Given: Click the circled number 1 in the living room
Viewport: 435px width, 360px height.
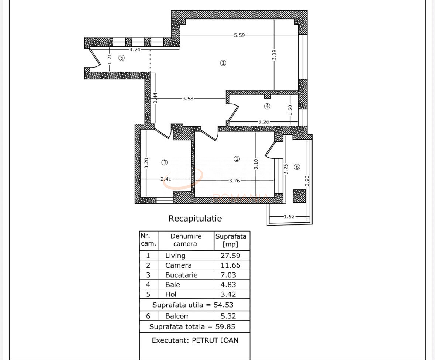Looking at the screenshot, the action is tap(223, 63).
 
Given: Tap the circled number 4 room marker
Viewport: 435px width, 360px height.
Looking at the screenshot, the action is tap(267, 106).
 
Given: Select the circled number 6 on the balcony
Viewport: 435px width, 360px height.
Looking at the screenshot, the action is tap(297, 167).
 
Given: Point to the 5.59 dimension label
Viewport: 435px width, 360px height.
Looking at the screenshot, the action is tap(239, 35).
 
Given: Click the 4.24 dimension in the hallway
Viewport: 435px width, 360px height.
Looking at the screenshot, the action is tap(135, 49).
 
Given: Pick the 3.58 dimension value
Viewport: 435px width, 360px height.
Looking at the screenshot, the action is tap(188, 99).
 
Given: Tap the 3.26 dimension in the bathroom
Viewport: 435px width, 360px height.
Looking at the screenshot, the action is tap(263, 121).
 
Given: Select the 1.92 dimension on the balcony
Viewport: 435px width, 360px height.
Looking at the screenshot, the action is tap(289, 216).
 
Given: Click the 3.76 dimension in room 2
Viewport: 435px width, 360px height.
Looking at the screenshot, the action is tap(234, 181).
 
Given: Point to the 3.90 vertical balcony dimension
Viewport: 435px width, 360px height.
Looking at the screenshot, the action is tap(307, 181).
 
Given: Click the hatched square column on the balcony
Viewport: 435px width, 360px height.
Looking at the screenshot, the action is tap(300, 196).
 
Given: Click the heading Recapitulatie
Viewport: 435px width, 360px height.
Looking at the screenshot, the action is tap(195, 219).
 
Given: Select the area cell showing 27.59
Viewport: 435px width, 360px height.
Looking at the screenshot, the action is tap(230, 256).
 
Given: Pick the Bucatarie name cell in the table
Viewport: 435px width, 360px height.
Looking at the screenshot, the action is tap(182, 275).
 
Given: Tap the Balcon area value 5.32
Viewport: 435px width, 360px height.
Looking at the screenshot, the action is tap(228, 316).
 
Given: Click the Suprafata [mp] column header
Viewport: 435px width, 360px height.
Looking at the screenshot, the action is tap(231, 240).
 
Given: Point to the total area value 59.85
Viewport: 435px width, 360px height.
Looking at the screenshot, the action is tap(225, 327).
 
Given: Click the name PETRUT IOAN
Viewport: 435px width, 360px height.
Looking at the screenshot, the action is tap(215, 340).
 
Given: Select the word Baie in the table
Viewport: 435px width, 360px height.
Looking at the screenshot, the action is tap(173, 285).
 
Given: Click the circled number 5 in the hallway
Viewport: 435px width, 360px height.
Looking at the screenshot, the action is tap(121, 58).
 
